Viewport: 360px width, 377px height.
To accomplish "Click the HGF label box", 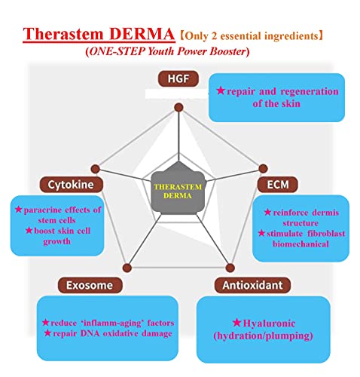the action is pyautogui.click(x=178, y=78).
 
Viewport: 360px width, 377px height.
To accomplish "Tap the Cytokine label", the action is pyautogui.click(x=72, y=185).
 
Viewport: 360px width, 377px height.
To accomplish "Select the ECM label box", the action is pyautogui.click(x=278, y=185).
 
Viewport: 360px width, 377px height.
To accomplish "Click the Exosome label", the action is pyautogui.click(x=90, y=285).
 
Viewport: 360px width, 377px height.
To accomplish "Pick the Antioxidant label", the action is pyautogui.click(x=252, y=285).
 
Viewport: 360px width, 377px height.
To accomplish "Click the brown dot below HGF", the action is pyautogui.click(x=178, y=108).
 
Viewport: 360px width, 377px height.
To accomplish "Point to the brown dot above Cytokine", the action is pyautogui.click(x=96, y=169).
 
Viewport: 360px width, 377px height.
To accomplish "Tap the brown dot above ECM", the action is pyautogui.click(x=263, y=168).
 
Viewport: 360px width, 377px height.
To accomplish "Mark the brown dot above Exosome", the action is pyautogui.click(x=127, y=268).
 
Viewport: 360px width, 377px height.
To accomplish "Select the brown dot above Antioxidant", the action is pyautogui.click(x=230, y=268).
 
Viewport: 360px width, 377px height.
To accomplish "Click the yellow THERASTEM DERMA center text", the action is pyautogui.click(x=178, y=192).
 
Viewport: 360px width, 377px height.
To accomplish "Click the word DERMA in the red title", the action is pyautogui.click(x=142, y=34).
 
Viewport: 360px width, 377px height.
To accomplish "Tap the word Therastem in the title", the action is pyautogui.click(x=63, y=34).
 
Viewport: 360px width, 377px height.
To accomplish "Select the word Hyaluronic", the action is pyautogui.click(x=269, y=323).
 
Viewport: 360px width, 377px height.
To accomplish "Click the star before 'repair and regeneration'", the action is pyautogui.click(x=221, y=90).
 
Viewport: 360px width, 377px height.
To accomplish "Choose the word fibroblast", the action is pyautogui.click(x=326, y=234).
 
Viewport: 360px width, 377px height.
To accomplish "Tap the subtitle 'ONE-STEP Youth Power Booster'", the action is pyautogui.click(x=167, y=51).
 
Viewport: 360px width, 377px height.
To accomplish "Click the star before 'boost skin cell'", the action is pyautogui.click(x=29, y=230).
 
